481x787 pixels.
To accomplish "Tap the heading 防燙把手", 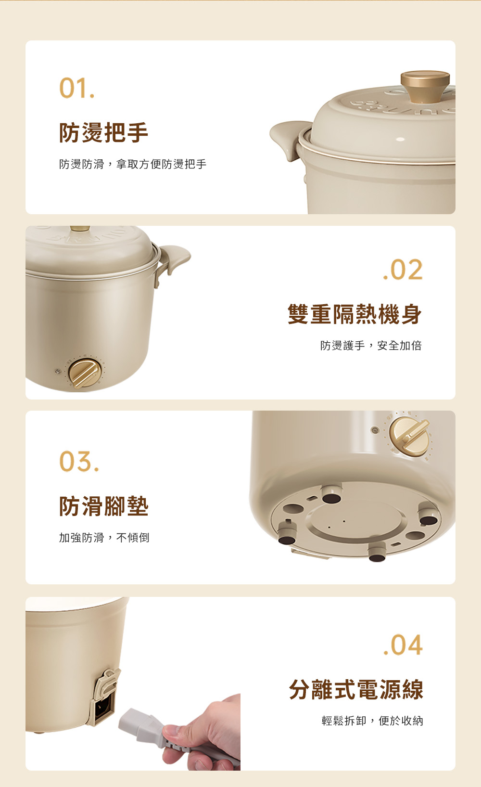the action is click(x=103, y=133).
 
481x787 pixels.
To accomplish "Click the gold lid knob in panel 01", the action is click(x=425, y=85).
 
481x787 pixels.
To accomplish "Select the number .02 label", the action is click(x=403, y=270).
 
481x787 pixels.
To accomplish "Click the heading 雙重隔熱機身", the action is click(x=354, y=314).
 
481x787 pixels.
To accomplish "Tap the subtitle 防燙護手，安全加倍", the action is click(x=371, y=346).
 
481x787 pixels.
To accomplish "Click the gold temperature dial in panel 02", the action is click(x=85, y=374).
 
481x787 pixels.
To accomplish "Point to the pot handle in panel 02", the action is click(x=175, y=259).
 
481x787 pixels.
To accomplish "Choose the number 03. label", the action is click(x=79, y=461).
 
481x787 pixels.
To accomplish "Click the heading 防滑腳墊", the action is click(x=103, y=506).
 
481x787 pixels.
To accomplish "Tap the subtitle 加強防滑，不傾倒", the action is click(x=104, y=538).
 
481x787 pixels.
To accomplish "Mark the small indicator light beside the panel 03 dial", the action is click(x=375, y=430).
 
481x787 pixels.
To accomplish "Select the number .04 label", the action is click(x=403, y=645).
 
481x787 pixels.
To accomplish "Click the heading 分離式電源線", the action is click(x=356, y=689).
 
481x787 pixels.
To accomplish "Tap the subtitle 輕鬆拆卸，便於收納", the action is click(x=372, y=721).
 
